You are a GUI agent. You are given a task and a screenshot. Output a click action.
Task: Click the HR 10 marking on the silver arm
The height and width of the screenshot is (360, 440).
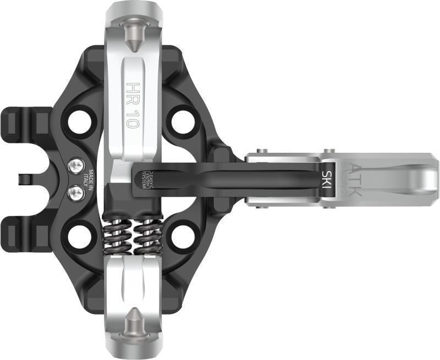[133, 104]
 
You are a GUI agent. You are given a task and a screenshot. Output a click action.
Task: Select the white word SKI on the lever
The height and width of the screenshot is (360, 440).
[326, 178]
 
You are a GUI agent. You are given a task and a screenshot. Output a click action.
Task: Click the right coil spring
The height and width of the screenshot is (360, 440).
[147, 236]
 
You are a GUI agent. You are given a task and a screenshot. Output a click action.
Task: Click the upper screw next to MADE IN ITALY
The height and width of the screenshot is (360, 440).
[75, 165]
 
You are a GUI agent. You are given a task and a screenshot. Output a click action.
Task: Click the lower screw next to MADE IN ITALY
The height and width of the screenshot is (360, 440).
[75, 192]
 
